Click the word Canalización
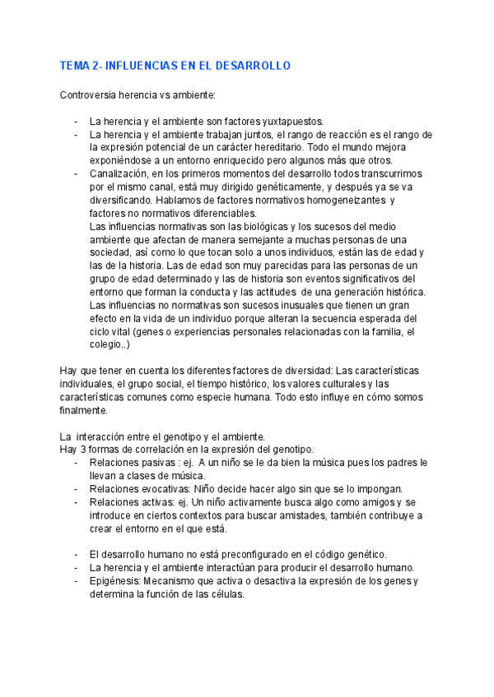[119, 174]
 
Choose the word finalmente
[83, 410]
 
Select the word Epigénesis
[114, 582]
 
